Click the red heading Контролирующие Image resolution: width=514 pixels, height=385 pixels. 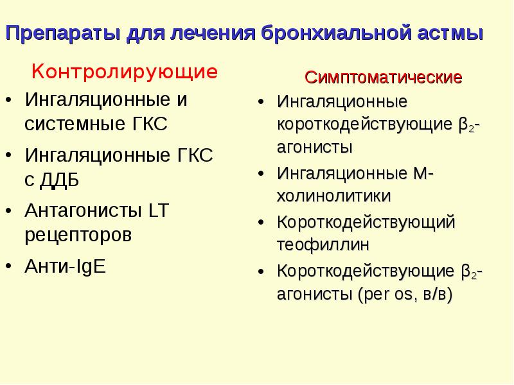[x=125, y=71]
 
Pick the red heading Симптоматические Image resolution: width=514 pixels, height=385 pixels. [x=384, y=78]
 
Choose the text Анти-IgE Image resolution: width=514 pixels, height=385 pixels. [x=65, y=266]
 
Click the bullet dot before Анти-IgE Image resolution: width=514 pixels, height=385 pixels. [x=9, y=266]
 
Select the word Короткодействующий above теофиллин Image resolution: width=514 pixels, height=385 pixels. [x=366, y=222]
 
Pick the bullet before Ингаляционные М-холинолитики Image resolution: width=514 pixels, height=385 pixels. [x=261, y=174]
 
